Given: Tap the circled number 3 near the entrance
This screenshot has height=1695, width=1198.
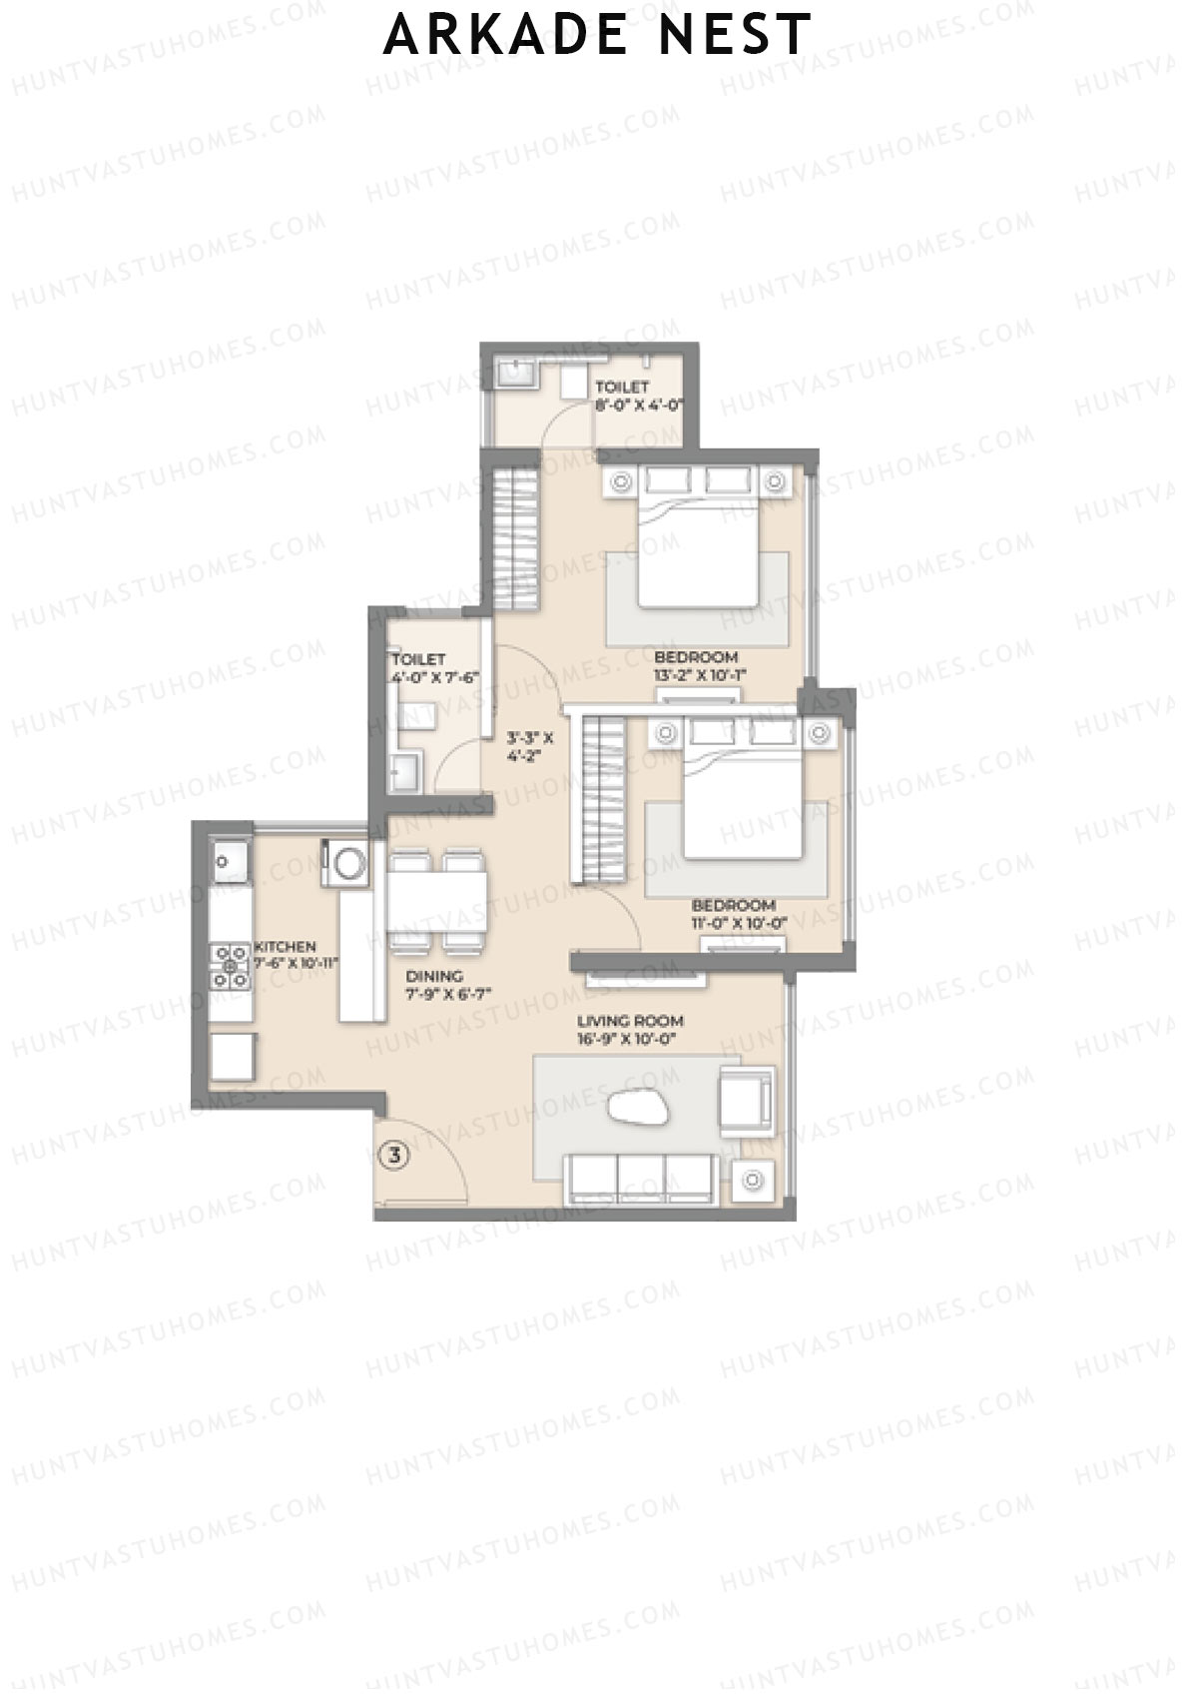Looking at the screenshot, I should (395, 1156).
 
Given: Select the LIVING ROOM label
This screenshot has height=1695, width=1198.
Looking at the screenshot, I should (630, 1021).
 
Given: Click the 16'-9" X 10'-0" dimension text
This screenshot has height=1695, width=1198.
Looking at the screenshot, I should (626, 1040).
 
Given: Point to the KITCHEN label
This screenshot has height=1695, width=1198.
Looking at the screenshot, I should (285, 946).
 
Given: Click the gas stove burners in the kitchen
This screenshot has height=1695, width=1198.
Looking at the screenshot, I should (230, 966).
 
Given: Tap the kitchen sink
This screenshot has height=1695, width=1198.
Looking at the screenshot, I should (230, 858).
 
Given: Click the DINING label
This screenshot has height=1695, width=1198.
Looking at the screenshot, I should (434, 976).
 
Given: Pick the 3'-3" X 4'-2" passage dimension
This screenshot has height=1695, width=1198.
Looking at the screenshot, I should (530, 747).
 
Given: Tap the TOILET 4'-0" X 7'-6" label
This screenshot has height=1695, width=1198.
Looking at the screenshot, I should (435, 668).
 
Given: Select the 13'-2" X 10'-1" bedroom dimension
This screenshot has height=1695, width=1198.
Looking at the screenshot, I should (700, 674).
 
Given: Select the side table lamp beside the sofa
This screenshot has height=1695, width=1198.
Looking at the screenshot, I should (753, 1181).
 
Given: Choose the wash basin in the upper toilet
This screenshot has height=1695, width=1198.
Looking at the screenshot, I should (515, 375).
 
